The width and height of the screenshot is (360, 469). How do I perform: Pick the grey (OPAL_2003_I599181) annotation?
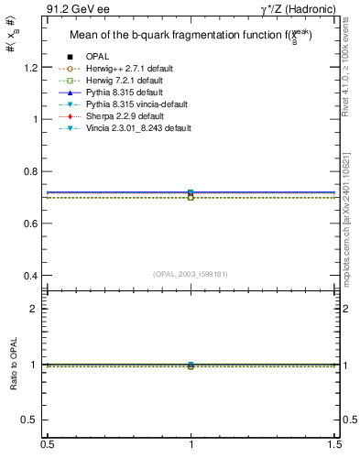click(x=191, y=274)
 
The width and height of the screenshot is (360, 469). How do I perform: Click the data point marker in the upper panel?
click(x=191, y=193)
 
